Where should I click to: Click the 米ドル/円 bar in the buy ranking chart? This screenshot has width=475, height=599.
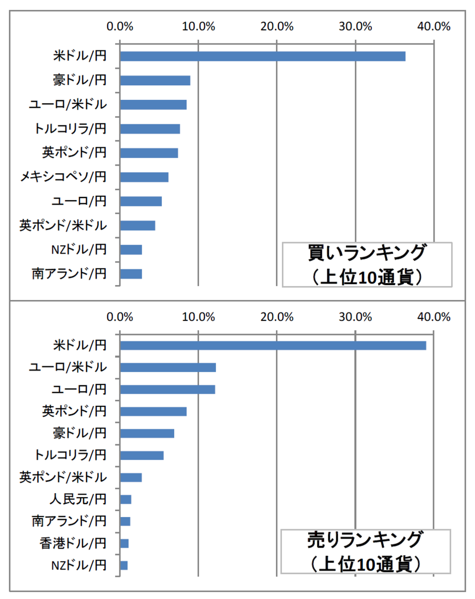click(262, 56)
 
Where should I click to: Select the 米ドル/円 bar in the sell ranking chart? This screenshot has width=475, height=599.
click(273, 345)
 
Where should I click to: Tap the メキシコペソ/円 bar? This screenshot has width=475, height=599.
click(144, 177)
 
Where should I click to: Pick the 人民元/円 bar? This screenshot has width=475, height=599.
click(126, 499)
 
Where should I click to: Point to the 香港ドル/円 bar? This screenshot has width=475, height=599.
click(125, 543)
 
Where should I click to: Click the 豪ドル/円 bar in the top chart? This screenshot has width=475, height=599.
click(155, 80)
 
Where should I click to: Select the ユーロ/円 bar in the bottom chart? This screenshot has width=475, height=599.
click(168, 389)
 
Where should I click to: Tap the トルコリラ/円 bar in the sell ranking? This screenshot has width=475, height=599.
click(142, 455)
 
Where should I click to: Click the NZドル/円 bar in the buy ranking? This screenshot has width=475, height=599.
click(131, 250)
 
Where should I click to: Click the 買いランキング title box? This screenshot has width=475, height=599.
click(367, 265)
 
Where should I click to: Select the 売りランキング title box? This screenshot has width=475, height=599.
click(367, 551)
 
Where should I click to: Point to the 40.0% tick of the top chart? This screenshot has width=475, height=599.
click(434, 26)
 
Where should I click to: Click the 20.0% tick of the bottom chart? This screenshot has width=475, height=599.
click(277, 316)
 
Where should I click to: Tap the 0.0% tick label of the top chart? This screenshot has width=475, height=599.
click(120, 26)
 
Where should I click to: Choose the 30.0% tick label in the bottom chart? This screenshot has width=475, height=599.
click(355, 316)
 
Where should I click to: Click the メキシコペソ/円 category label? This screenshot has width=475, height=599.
click(63, 177)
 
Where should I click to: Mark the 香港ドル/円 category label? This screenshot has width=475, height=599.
click(73, 543)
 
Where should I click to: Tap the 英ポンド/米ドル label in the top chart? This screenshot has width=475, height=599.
click(63, 225)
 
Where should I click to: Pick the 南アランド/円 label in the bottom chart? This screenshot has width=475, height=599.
click(69, 521)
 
